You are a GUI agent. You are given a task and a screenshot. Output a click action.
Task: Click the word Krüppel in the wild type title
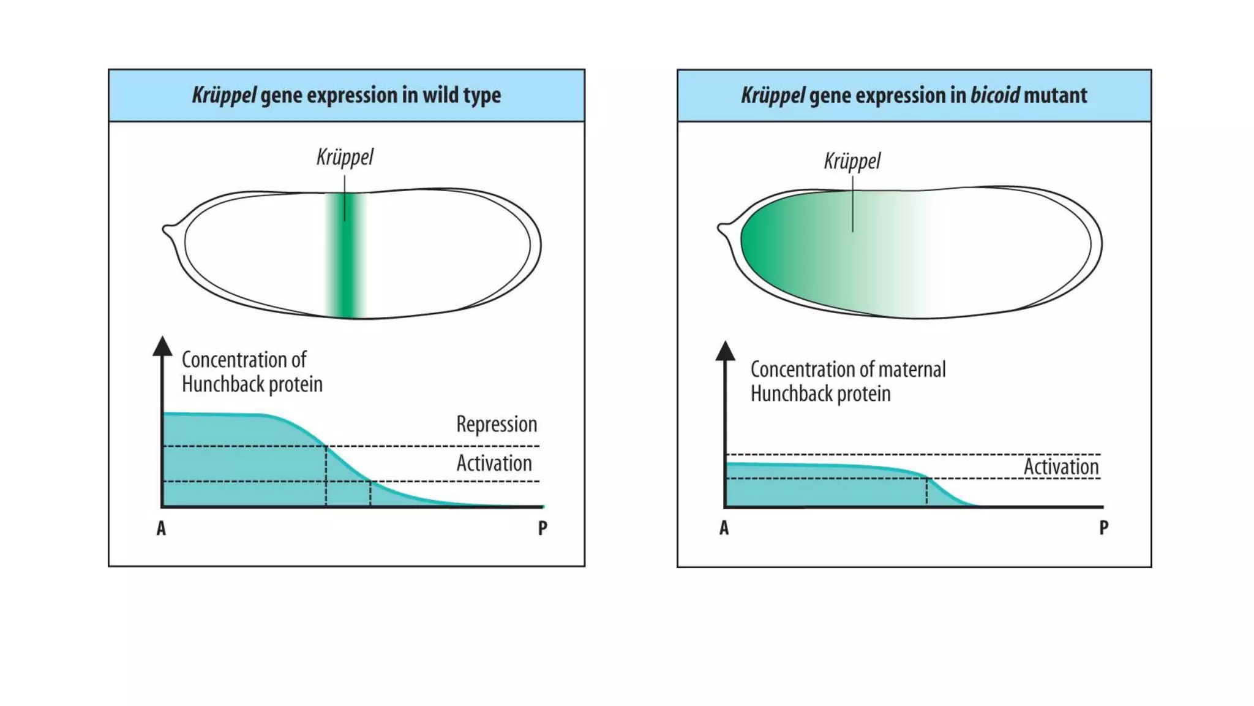(223, 96)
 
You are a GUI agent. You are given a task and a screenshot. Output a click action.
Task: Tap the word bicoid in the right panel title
(995, 96)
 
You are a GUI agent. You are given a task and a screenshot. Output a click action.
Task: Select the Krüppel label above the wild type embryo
(345, 158)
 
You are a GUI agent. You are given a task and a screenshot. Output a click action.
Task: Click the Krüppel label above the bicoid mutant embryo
(852, 162)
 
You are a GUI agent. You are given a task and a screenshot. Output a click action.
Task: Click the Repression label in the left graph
(497, 424)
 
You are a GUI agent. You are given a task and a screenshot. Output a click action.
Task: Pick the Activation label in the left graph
(494, 463)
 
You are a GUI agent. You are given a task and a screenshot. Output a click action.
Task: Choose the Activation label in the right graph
(1061, 466)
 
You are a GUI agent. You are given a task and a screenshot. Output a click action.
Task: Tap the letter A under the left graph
(161, 528)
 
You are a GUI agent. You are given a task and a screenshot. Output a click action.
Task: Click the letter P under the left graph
(543, 528)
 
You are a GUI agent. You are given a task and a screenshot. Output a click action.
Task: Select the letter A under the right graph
(724, 528)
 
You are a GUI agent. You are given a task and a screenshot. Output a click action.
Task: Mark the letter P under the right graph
(1104, 528)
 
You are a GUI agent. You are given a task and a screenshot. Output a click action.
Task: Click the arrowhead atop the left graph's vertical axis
(162, 346)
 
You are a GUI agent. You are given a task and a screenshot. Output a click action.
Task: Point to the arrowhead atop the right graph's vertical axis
(726, 351)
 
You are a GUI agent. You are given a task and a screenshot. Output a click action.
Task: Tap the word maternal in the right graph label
(912, 370)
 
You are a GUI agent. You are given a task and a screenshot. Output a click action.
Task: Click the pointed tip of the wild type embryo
(165, 230)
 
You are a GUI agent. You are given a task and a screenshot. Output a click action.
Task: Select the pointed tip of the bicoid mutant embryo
(721, 230)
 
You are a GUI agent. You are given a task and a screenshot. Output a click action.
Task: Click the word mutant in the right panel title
(1056, 96)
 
